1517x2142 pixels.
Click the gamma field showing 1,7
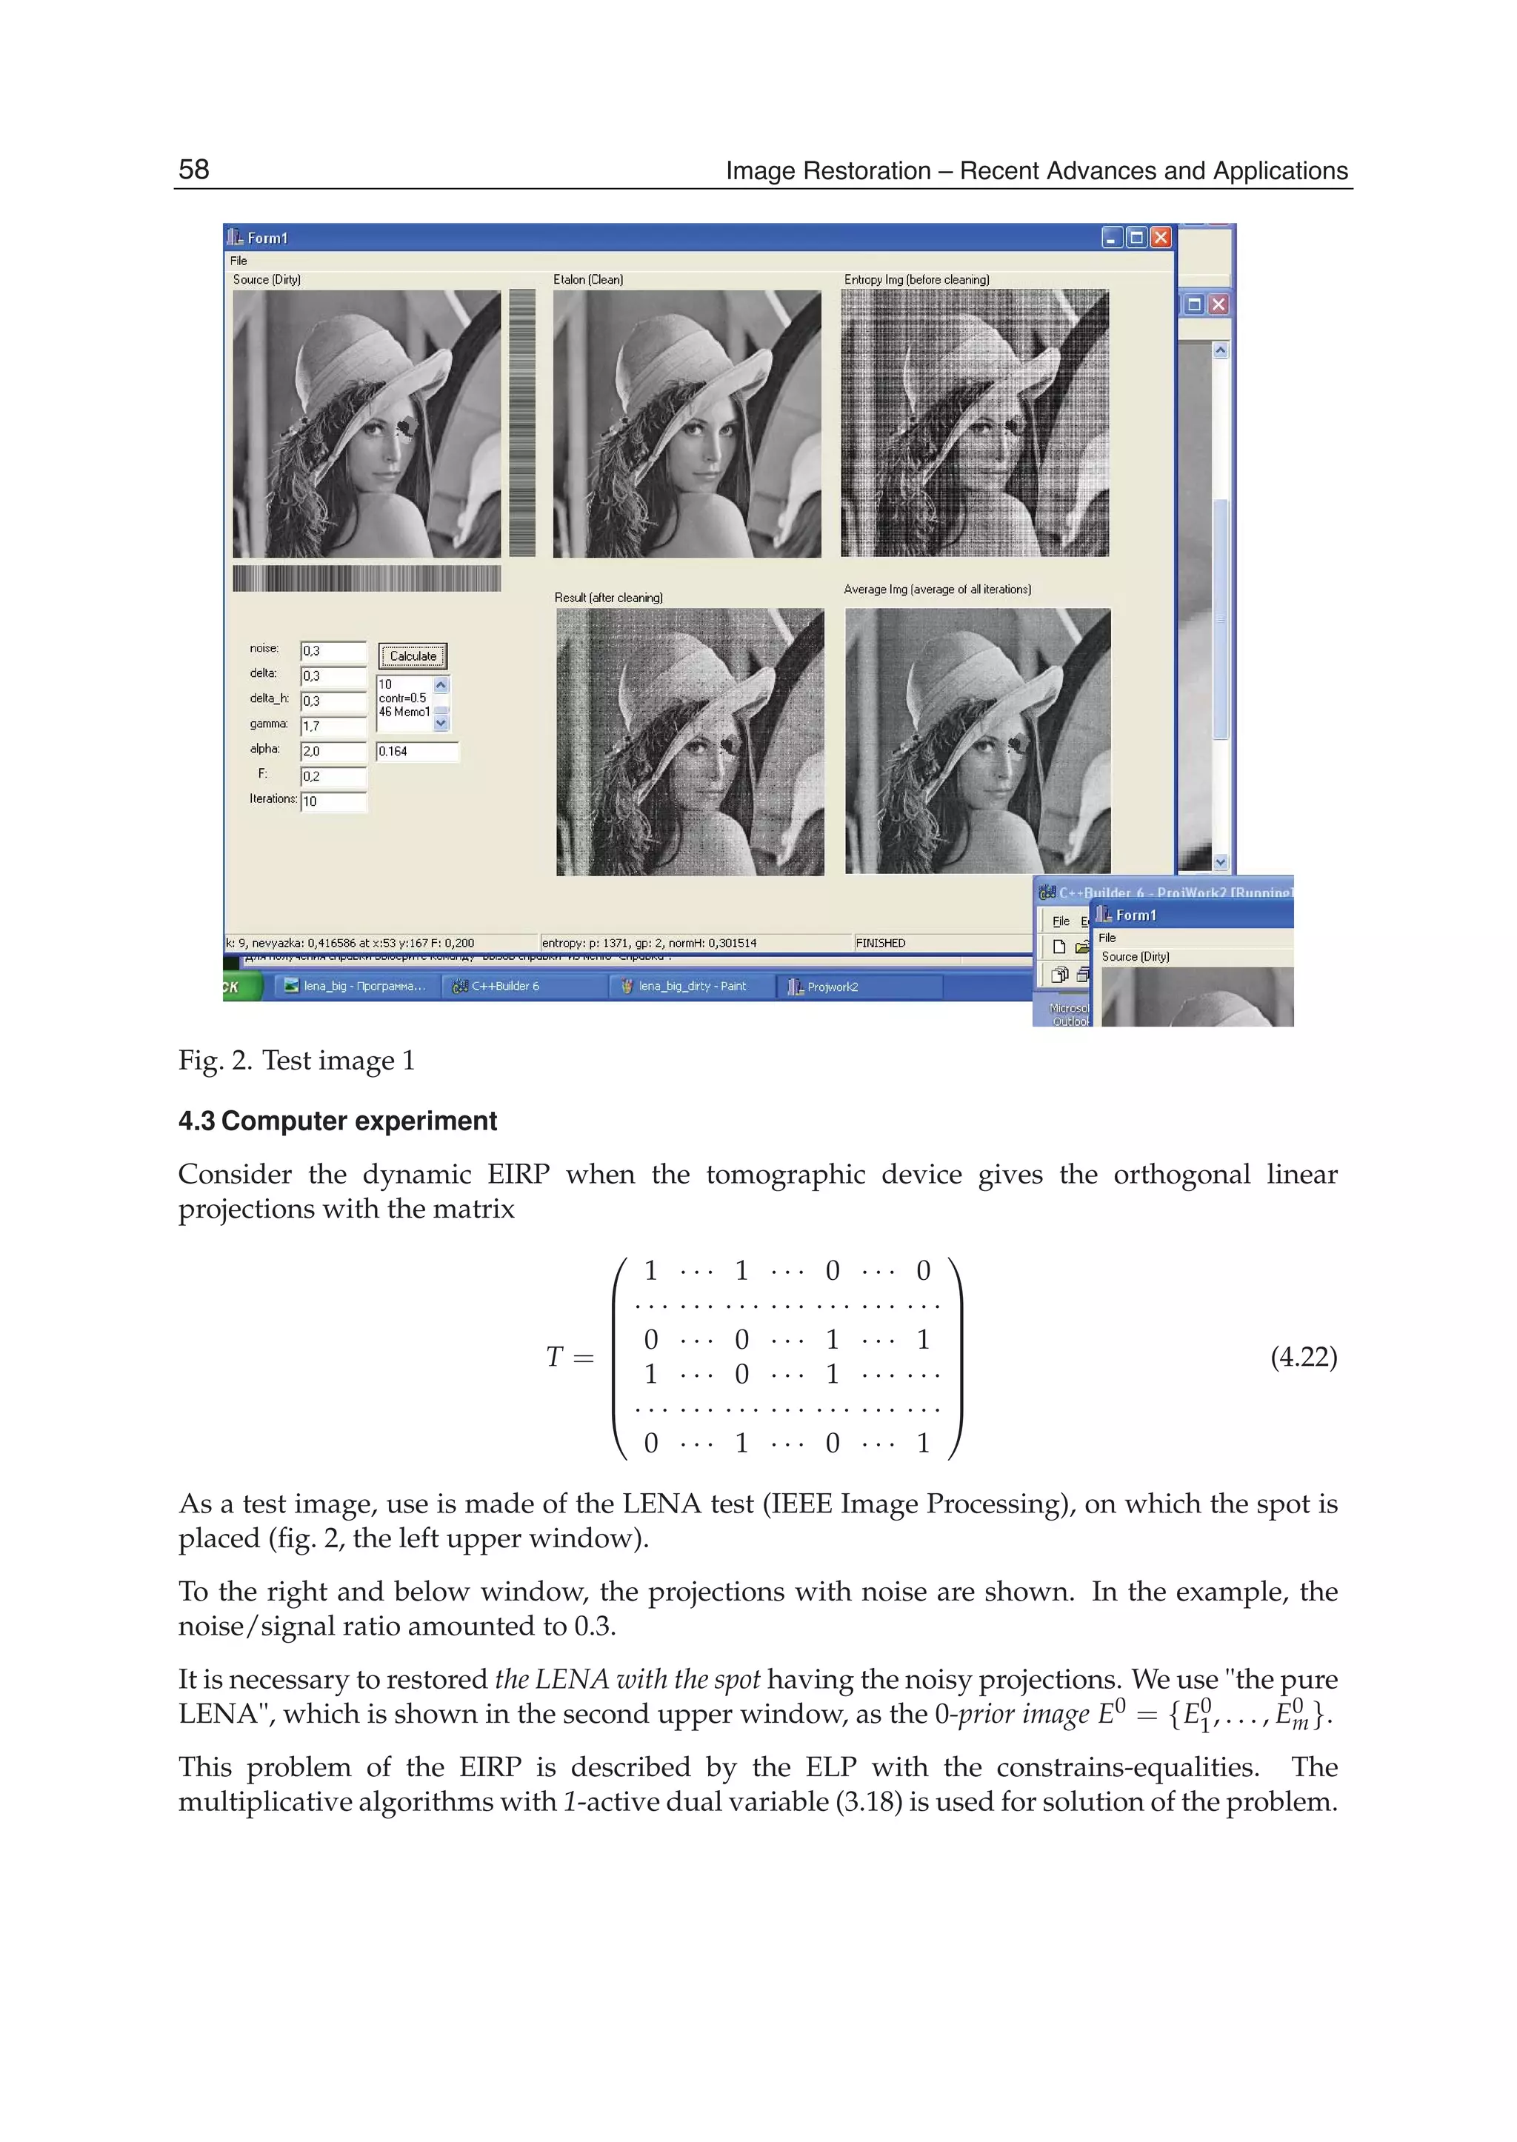[x=333, y=726]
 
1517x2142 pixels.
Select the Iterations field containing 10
[x=333, y=801]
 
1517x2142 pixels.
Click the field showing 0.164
[x=416, y=751]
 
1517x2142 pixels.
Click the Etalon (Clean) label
[x=587, y=279]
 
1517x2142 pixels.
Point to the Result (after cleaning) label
[x=608, y=597]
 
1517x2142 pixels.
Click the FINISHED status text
[x=880, y=944]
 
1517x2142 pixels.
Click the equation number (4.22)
[x=1303, y=1356]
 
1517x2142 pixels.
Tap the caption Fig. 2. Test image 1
[x=296, y=1060]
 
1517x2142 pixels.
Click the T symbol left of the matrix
[x=554, y=1356]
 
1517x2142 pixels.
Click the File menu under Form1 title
[x=239, y=261]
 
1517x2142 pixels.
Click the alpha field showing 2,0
[x=333, y=751]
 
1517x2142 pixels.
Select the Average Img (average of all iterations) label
[x=937, y=590]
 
